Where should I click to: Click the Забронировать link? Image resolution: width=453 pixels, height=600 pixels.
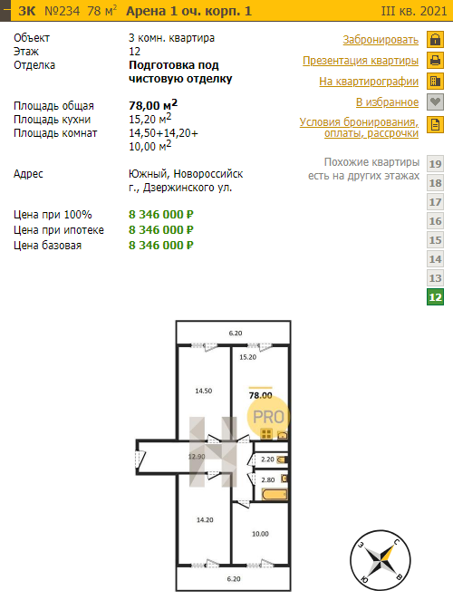point(381,40)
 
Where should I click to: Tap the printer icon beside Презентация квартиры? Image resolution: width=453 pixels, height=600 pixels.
point(436,61)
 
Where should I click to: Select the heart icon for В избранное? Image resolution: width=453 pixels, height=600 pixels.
point(436,102)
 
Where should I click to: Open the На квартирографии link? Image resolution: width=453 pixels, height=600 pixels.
point(369,82)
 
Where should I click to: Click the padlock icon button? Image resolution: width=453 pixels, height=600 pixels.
point(436,39)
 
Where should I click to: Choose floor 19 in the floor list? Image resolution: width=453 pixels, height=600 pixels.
point(436,164)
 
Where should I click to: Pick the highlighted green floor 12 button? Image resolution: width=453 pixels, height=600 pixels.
point(436,297)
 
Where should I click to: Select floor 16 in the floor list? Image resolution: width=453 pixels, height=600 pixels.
point(436,221)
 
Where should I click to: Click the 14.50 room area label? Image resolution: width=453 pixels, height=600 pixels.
point(204,391)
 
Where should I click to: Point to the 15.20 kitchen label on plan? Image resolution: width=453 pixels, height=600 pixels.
point(248,357)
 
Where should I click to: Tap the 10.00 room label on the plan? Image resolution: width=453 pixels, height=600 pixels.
point(260,534)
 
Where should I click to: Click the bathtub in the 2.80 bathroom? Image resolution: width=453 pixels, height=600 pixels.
point(275,494)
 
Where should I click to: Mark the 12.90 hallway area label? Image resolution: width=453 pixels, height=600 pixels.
point(197,457)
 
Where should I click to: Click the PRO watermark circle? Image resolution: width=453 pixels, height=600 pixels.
point(268,417)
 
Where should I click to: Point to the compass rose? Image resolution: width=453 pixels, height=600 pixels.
point(381,560)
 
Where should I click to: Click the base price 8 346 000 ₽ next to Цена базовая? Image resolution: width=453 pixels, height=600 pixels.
point(161,245)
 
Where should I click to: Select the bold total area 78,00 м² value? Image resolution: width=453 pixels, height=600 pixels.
point(153,105)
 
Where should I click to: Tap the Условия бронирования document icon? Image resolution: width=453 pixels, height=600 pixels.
point(436,125)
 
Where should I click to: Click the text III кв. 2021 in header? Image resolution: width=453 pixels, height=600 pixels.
point(414,11)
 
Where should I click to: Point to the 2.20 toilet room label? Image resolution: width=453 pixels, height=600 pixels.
point(268,460)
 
